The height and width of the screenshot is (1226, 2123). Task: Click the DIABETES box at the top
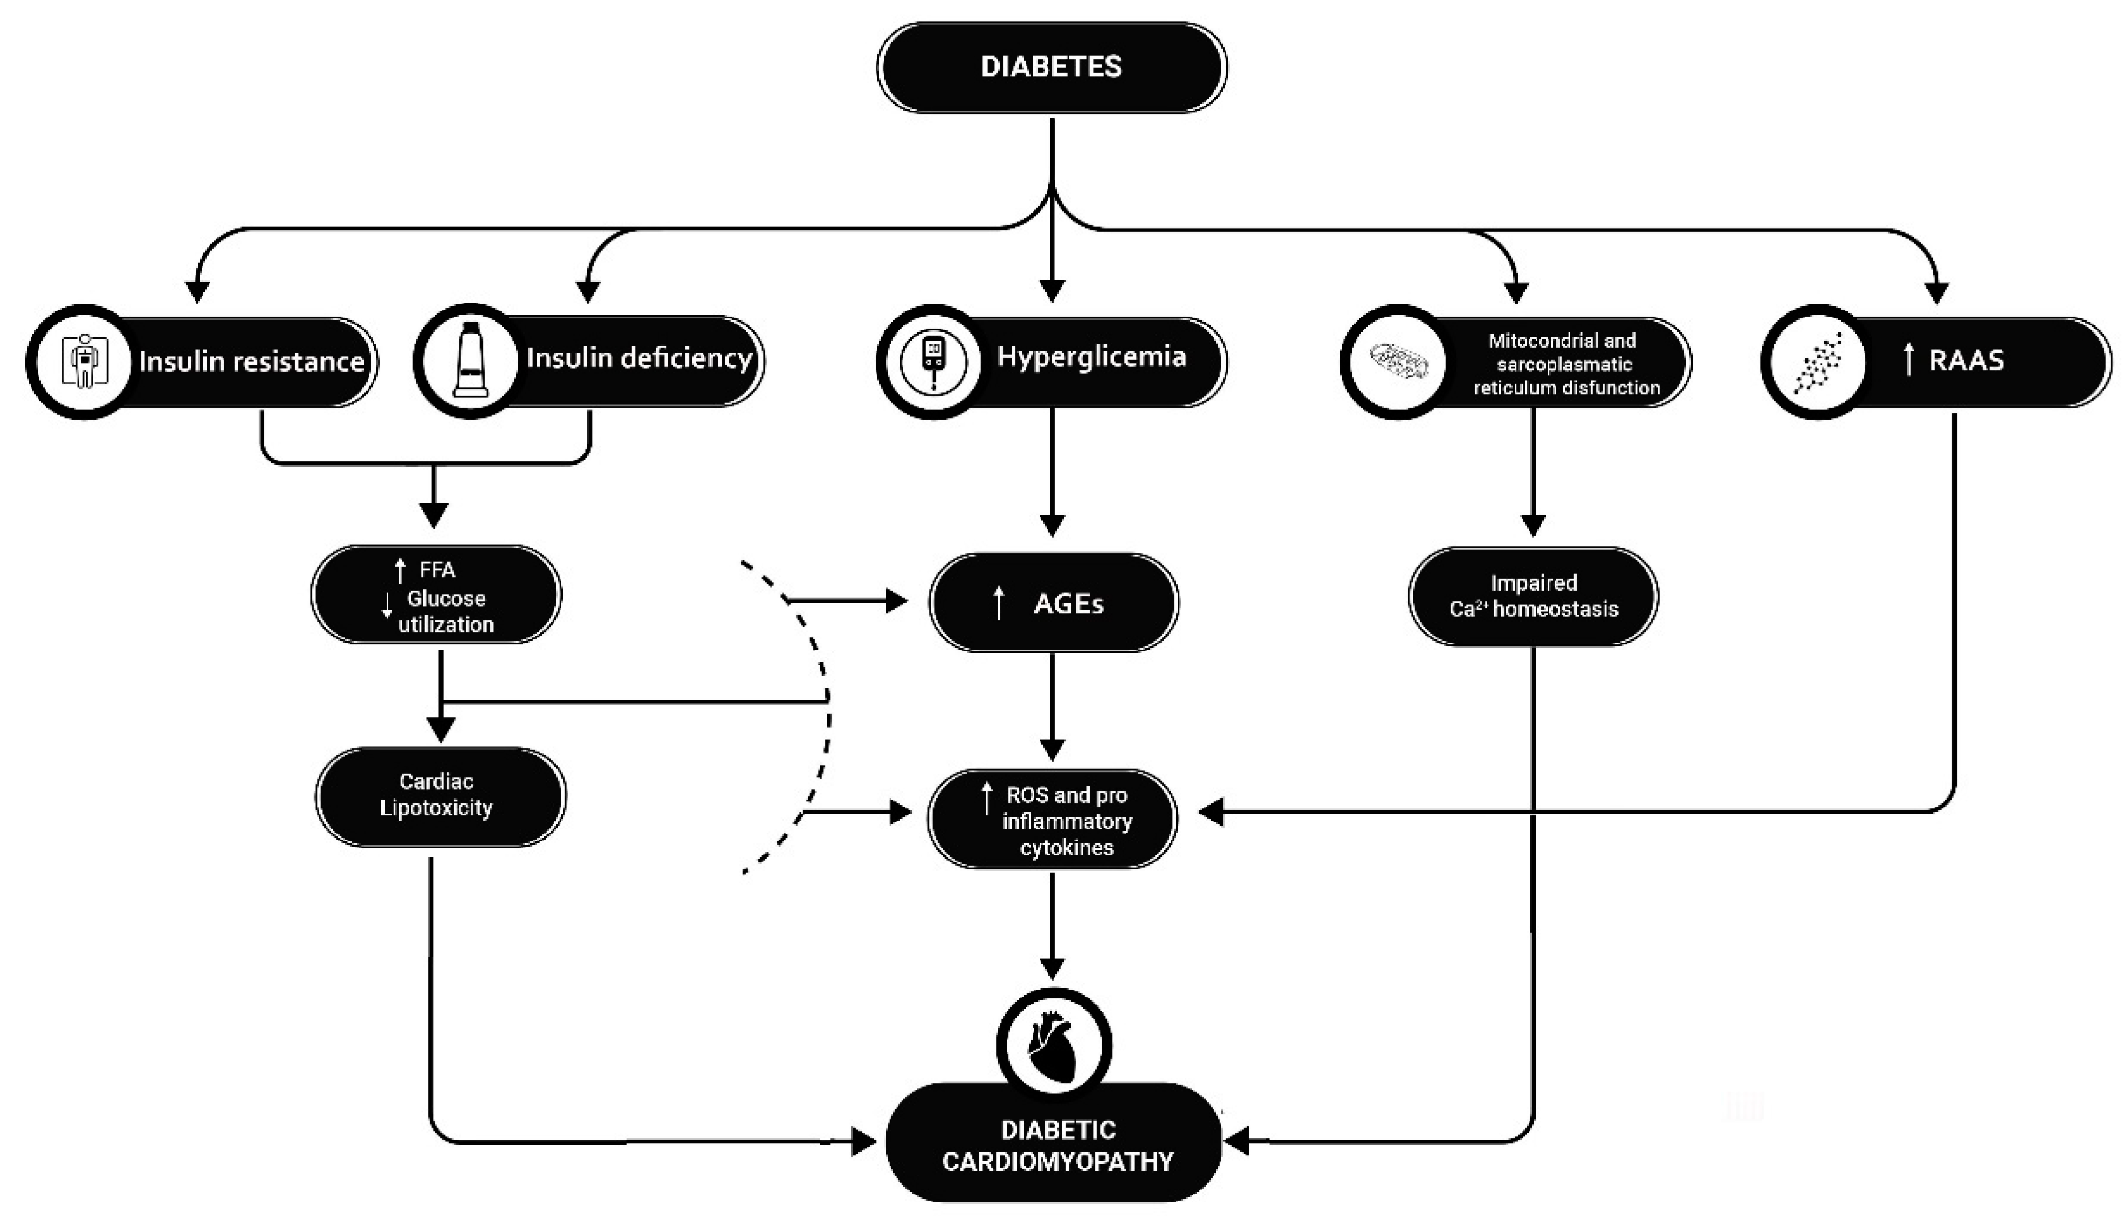[x=1051, y=67]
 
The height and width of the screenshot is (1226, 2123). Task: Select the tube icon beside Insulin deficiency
[x=470, y=360]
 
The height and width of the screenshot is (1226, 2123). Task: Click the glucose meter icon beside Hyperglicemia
[x=933, y=362]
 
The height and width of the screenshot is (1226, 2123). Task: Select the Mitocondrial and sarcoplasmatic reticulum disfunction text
[x=1565, y=364]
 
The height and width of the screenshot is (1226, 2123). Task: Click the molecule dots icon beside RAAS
[x=1817, y=362]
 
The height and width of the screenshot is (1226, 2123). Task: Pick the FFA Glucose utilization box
[x=436, y=596]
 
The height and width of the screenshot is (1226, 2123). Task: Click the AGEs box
[x=1053, y=603]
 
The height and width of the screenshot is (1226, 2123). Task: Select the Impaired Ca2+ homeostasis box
[x=1533, y=596]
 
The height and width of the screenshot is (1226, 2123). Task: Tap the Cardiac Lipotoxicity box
[x=439, y=795]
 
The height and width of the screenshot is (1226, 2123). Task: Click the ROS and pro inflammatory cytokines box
[x=1053, y=820]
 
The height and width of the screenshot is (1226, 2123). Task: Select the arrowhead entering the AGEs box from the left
[x=896, y=601]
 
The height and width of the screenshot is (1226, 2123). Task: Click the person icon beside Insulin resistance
[x=83, y=362]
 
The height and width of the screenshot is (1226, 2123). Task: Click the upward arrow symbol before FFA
[x=400, y=571]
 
